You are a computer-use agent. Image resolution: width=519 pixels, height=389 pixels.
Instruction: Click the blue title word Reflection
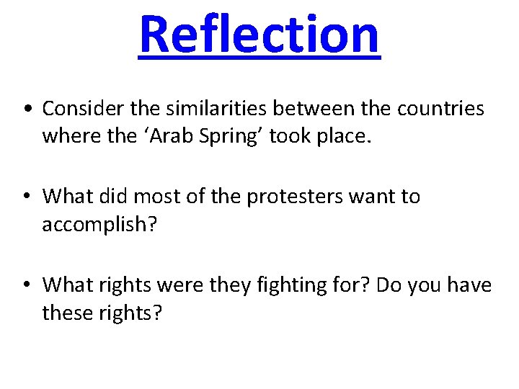(259, 34)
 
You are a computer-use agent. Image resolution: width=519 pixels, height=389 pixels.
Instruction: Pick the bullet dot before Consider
(26, 109)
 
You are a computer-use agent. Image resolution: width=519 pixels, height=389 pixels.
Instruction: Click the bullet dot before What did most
(26, 197)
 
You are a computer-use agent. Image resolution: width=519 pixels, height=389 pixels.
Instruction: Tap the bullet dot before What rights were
(26, 285)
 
